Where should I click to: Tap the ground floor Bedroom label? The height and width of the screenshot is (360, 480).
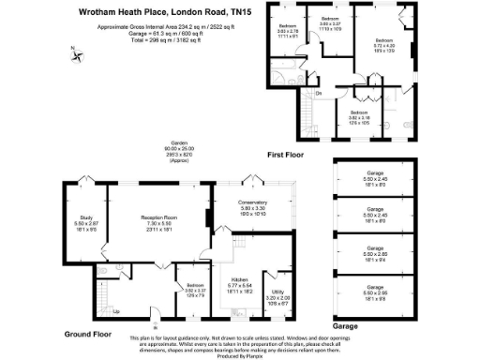point(195,289)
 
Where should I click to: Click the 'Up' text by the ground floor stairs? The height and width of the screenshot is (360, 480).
point(116,313)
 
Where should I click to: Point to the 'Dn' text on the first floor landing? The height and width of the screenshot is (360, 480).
point(319,92)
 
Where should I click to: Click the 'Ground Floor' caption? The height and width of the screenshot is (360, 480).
point(88,334)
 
